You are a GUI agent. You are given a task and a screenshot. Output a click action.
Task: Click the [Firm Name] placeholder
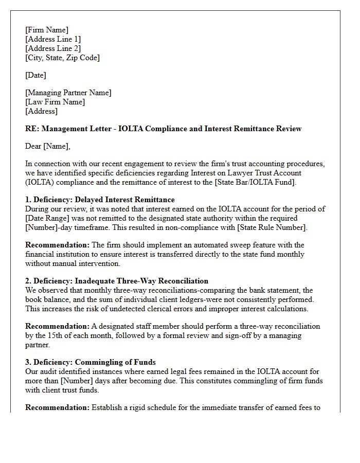47,30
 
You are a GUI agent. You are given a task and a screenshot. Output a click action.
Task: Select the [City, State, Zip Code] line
62,58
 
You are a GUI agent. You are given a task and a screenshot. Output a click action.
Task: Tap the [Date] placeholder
35,75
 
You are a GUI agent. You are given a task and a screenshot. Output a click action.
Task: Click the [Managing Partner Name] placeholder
68,93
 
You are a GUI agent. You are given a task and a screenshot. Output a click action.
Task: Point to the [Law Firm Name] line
55,102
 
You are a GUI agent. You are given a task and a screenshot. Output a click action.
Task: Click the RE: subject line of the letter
163,129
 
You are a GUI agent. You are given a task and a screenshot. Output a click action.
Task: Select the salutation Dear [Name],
48,146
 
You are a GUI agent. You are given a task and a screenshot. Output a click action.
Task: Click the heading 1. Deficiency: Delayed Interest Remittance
100,200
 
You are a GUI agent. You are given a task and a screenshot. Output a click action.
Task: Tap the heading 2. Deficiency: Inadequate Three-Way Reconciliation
117,281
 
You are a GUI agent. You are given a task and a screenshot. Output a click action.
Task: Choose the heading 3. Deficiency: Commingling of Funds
91,362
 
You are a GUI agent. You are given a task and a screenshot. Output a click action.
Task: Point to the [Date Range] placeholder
47,218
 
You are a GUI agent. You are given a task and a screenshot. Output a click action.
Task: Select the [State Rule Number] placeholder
274,227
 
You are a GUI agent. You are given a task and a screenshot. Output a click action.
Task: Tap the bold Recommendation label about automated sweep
57,245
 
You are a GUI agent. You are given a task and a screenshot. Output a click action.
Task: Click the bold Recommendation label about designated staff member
57,326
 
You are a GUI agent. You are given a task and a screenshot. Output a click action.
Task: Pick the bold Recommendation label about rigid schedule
57,407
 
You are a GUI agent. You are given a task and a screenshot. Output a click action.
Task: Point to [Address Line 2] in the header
53,48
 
